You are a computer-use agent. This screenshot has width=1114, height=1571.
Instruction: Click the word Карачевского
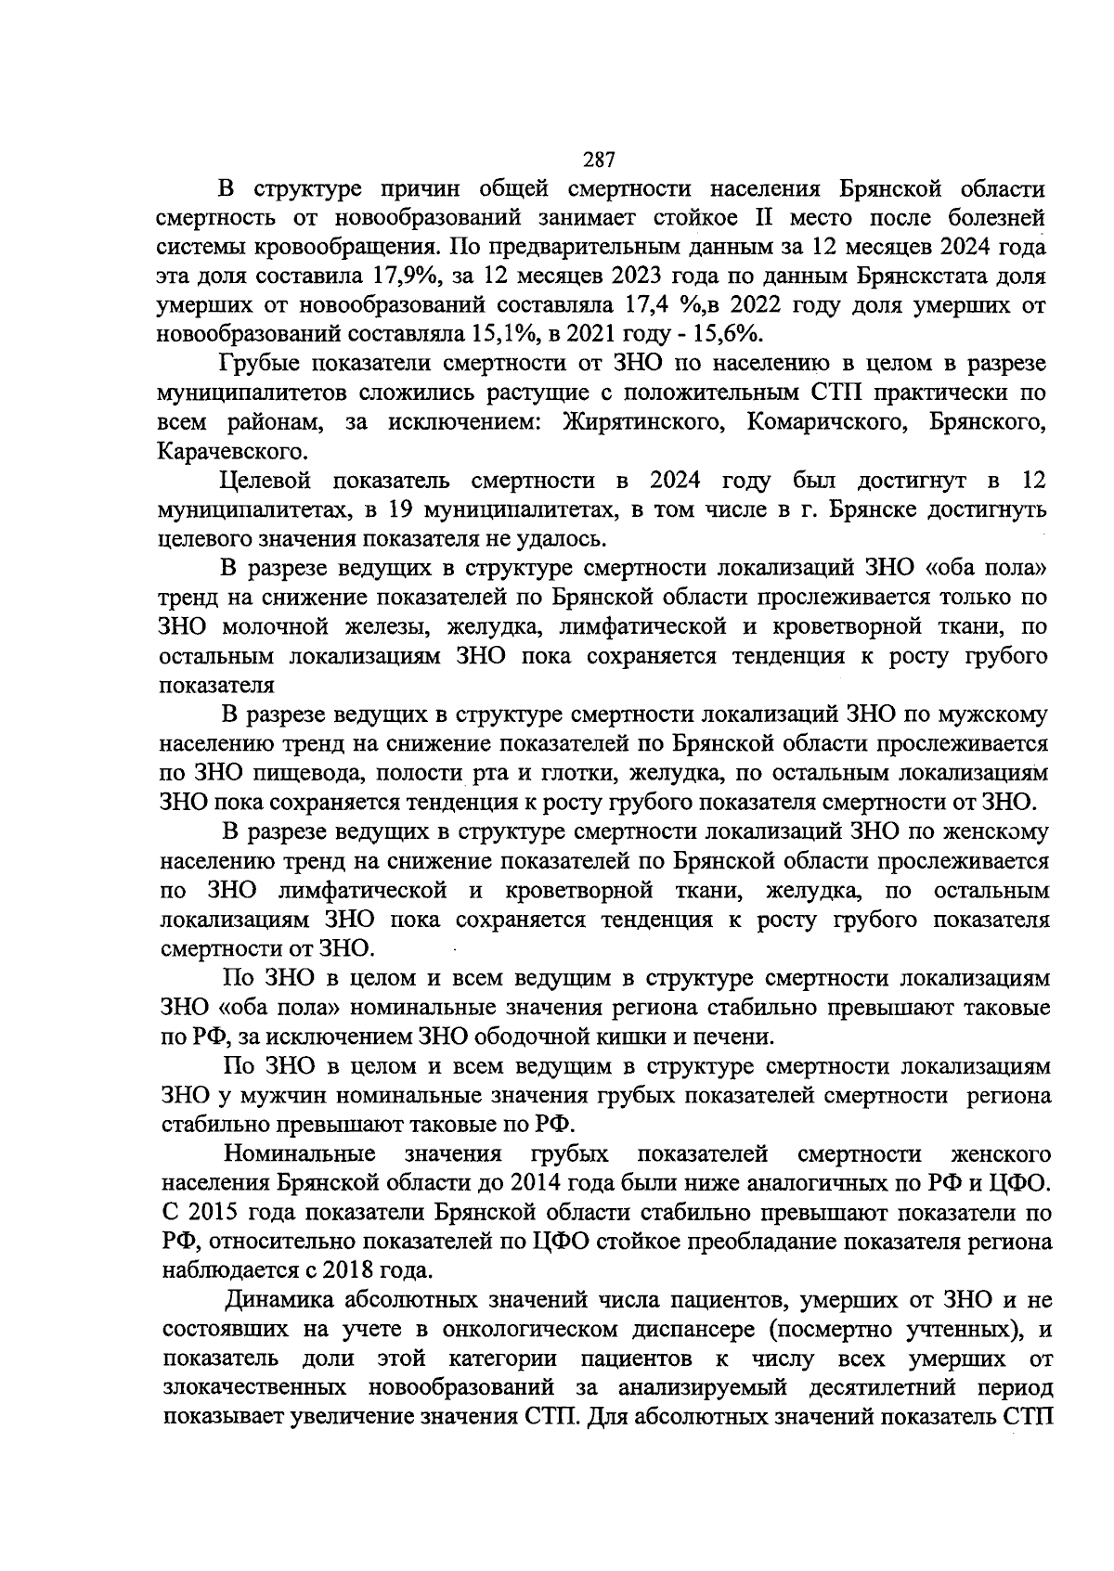point(231,452)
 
